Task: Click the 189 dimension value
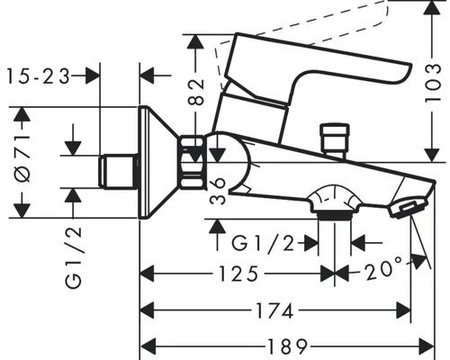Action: [x=286, y=346]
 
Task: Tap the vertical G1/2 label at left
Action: [x=74, y=255]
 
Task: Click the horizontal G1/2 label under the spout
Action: [x=264, y=243]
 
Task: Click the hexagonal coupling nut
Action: [x=193, y=162]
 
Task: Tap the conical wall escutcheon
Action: [x=158, y=162]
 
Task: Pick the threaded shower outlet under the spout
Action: [x=333, y=210]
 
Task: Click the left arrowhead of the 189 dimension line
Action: [x=149, y=346]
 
